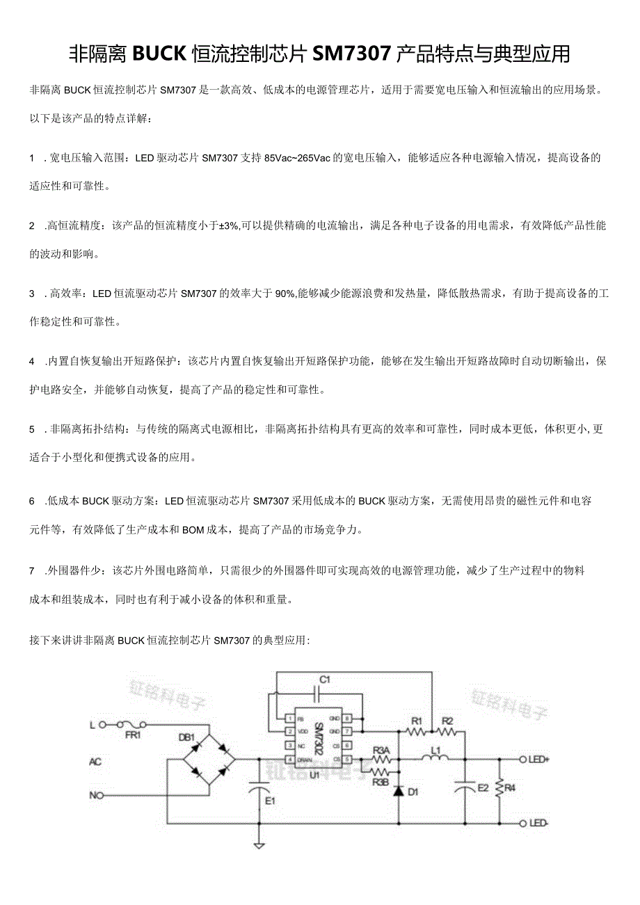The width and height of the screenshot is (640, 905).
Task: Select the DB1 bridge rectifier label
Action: [187, 737]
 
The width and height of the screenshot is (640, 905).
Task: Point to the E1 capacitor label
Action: [270, 801]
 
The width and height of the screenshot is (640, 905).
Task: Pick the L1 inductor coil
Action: [435, 758]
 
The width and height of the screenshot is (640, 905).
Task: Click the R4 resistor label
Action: [510, 787]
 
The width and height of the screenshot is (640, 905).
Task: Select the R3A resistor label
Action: [381, 750]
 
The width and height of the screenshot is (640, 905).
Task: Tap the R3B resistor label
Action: [381, 782]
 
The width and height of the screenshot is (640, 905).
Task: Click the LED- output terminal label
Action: [538, 823]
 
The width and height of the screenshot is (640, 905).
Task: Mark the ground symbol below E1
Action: [259, 845]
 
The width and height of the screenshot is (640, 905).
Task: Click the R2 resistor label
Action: [447, 720]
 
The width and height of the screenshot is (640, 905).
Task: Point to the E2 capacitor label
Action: [482, 787]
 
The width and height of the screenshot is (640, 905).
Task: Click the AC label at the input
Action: [95, 762]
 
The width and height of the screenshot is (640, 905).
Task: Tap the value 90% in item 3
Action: [285, 294]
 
